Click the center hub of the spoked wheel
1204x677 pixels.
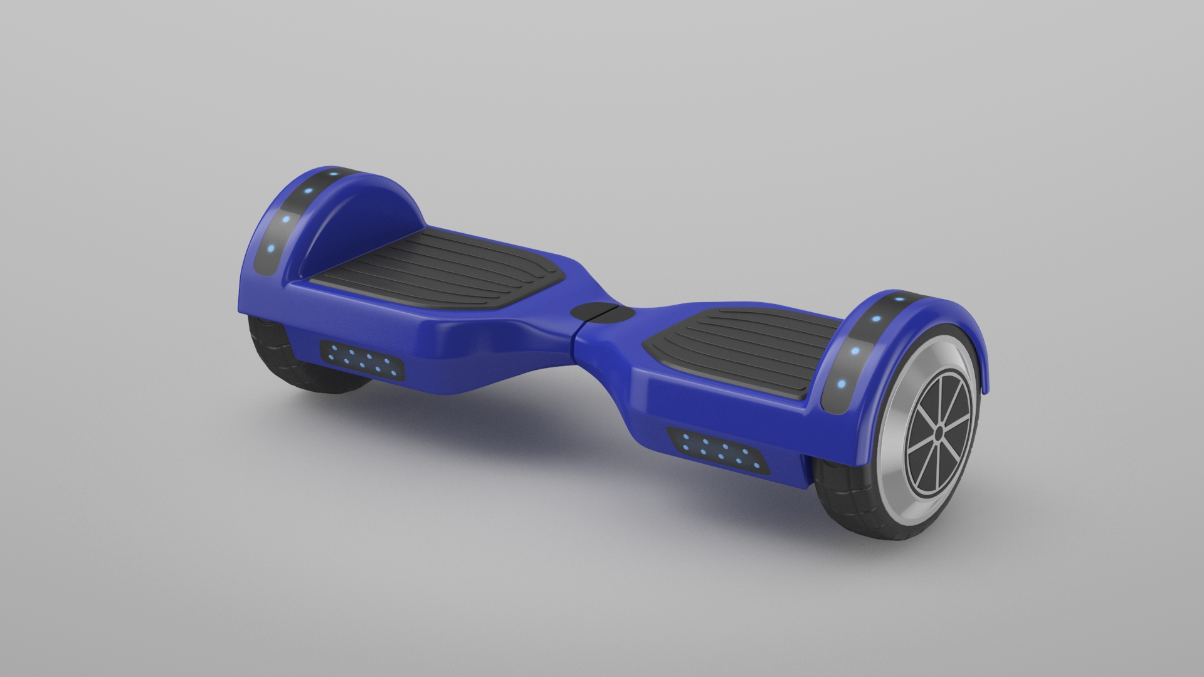[938, 433]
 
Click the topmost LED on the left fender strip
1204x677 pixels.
[333, 174]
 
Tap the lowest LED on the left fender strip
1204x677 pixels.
[270, 248]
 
